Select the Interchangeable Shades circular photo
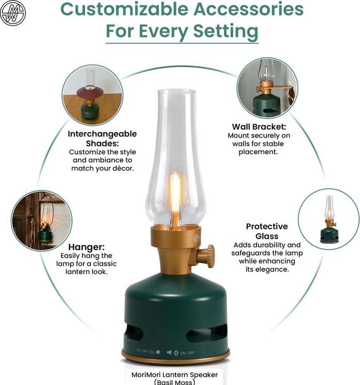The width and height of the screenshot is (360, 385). click(89, 95)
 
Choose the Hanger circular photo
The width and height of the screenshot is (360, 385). click(42, 220)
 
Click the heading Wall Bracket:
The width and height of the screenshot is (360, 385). click(259, 127)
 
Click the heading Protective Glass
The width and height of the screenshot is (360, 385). click(266, 231)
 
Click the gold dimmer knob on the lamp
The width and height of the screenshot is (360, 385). click(206, 256)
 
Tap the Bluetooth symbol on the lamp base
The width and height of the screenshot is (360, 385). click(176, 352)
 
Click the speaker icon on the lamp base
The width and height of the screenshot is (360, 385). click(169, 352)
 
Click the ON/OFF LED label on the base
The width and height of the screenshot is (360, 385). click(145, 351)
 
